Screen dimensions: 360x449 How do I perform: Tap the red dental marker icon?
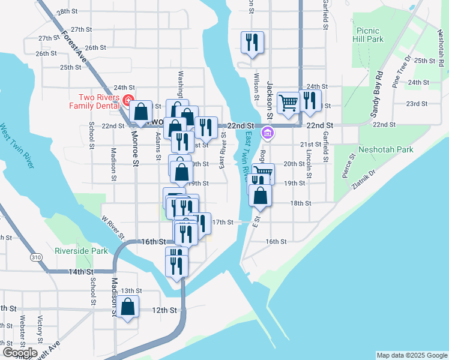(128, 100)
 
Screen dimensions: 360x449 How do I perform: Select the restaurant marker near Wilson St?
(252, 43)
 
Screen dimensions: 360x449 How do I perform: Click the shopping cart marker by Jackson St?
(289, 103)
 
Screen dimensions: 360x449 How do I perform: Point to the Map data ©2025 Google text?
(411, 355)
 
